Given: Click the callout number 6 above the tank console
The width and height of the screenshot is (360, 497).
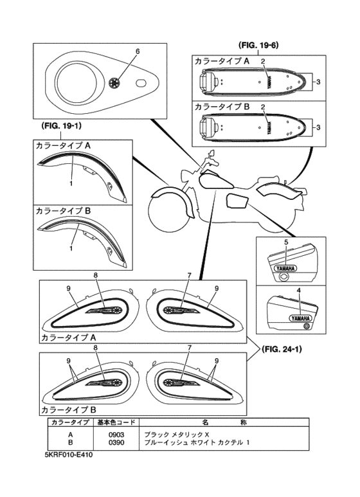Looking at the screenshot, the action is [x=137, y=51].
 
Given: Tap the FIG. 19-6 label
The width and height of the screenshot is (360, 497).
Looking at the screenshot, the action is [x=258, y=45].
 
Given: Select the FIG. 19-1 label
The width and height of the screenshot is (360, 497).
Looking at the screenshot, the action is [x=61, y=126].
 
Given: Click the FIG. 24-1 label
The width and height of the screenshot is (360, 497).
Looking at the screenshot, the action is [x=282, y=349].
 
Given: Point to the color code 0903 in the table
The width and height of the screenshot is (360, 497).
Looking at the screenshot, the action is [x=116, y=435].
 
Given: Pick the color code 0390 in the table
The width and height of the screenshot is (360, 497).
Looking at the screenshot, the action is [x=116, y=442].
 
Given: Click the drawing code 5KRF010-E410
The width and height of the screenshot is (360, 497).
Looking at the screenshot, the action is [x=68, y=455].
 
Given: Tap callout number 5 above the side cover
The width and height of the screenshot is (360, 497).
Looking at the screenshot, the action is [x=286, y=242].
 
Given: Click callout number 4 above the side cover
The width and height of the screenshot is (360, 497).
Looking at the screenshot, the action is [x=299, y=290].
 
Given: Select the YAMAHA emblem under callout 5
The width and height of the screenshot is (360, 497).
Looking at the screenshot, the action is [x=285, y=269].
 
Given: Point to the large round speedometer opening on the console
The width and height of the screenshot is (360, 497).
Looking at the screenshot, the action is [x=76, y=82].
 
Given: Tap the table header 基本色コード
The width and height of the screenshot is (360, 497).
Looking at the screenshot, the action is [x=116, y=422].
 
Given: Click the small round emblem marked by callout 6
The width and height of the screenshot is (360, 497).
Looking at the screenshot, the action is [x=113, y=82].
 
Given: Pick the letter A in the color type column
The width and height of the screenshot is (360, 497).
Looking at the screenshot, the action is [x=71, y=435].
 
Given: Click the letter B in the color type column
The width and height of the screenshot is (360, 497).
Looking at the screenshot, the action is [x=71, y=442].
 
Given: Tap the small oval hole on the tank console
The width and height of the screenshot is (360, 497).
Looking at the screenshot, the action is [x=141, y=83].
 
